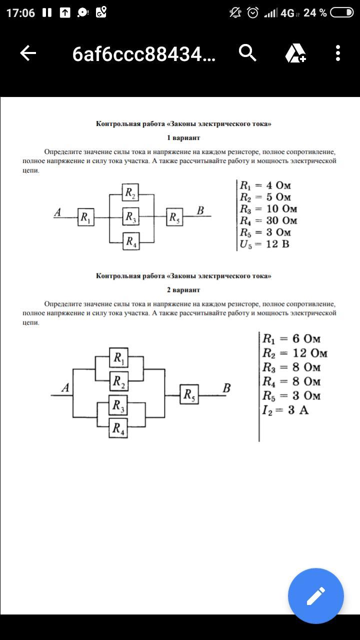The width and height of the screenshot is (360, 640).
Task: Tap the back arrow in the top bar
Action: coord(28,53)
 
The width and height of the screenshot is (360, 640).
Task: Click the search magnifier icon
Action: coord(247,52)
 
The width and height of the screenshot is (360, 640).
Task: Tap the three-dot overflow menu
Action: coord(338,53)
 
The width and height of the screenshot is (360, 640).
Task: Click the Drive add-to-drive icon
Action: coord(295,53)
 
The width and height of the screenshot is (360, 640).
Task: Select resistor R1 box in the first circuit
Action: coord(85,217)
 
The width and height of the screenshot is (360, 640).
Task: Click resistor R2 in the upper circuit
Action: coord(130,192)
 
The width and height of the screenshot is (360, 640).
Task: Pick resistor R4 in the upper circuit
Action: coord(130,241)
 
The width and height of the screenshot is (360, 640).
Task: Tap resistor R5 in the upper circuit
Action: coord(174,217)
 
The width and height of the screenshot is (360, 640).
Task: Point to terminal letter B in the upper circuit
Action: coord(200,210)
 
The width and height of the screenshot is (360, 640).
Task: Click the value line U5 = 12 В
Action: coord(264,244)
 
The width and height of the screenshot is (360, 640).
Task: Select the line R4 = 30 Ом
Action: coord(268,220)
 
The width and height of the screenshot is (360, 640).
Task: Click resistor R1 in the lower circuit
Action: coord(118,357)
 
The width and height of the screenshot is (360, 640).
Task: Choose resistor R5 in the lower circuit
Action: coord(189,395)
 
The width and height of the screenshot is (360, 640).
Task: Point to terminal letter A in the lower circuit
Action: coord(65,387)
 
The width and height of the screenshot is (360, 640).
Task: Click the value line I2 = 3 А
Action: coord(285,410)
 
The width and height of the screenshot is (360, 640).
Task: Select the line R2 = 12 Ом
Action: coord(295,353)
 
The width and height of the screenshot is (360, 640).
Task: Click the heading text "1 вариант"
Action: coord(183,137)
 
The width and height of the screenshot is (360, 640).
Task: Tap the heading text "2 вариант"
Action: coord(183,290)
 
